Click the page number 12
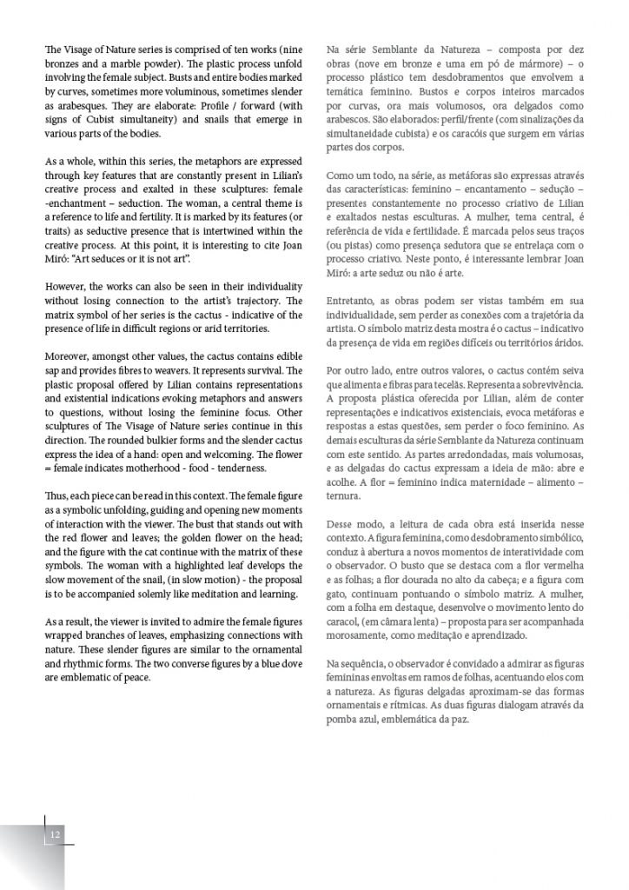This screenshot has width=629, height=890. [x=56, y=834]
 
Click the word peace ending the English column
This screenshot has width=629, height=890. [x=137, y=677]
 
